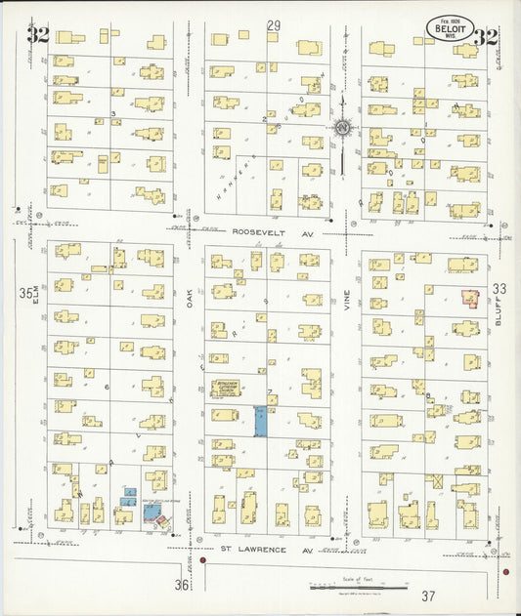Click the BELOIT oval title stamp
tap(450, 28)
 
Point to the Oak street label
tap(192, 295)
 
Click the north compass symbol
tap(343, 127)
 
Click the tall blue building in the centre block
tap(260, 422)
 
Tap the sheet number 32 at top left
tap(39, 37)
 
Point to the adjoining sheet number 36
tap(182, 585)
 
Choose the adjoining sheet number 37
tap(428, 595)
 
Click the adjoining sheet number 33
tap(500, 289)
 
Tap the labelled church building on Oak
tap(229, 389)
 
